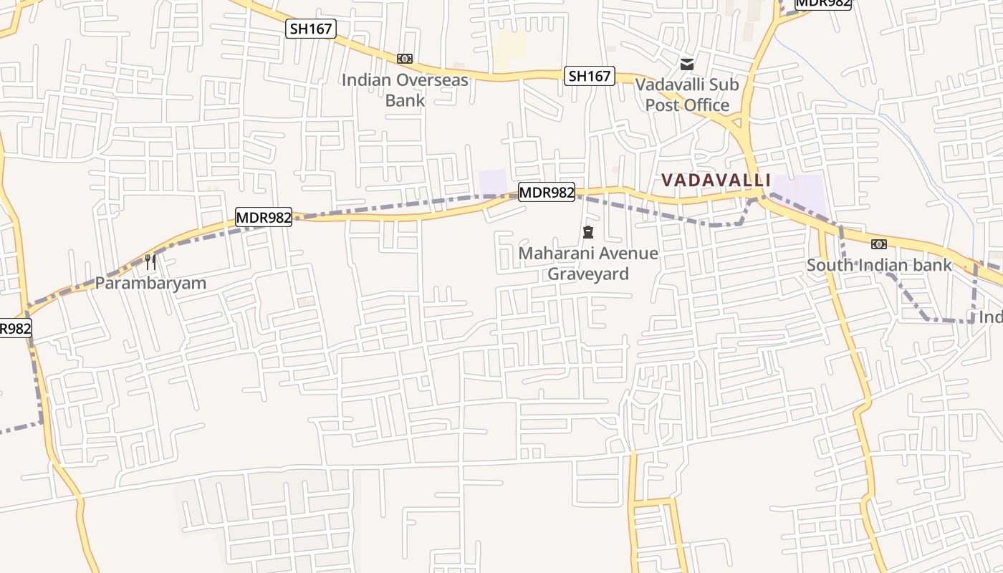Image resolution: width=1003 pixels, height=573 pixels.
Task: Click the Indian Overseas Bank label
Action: coord(405,90)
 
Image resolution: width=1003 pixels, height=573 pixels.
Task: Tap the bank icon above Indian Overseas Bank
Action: coord(405,59)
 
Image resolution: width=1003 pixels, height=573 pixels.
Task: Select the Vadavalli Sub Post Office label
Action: coord(687,95)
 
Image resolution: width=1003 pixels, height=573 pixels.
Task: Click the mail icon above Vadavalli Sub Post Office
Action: coord(687,64)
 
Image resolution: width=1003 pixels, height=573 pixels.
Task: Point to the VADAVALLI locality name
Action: coord(716,180)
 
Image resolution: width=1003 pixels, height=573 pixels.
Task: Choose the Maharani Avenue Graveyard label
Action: coord(588,264)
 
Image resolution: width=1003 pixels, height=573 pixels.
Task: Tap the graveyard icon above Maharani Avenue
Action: coord(588,232)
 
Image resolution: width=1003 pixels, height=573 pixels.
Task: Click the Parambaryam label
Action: coord(150,283)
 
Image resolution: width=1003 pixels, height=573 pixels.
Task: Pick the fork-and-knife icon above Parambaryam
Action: coord(150,261)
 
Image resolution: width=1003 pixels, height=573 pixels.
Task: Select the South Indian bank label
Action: coord(879,265)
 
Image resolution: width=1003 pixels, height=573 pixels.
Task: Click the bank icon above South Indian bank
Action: coord(879,244)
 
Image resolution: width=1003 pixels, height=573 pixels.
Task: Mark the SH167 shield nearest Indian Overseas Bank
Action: coord(311,29)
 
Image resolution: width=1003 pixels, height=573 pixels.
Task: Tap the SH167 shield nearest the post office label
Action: coord(590,76)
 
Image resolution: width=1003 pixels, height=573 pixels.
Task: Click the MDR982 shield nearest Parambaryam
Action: coord(264,217)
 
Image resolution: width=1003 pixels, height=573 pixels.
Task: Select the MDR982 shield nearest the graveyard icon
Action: coord(547,192)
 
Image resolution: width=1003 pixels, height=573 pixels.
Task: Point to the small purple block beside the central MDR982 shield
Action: coord(492,182)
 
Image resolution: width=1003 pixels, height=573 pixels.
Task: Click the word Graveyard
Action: coord(588,274)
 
